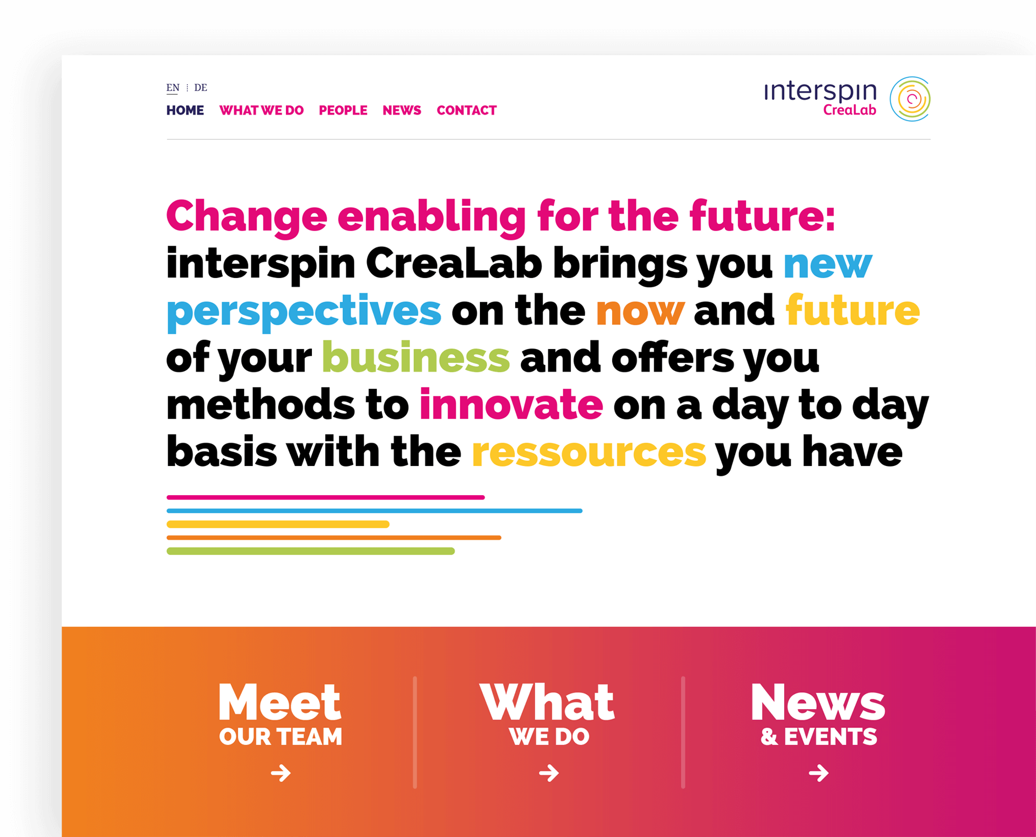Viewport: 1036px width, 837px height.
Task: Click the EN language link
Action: coord(172,88)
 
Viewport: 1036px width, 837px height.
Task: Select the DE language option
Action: coord(201,88)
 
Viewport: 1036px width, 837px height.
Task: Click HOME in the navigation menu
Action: coord(185,110)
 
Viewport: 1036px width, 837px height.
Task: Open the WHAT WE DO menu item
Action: coord(261,110)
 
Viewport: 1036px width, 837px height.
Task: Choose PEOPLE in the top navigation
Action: coord(343,110)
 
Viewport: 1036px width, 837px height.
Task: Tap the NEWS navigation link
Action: coord(402,110)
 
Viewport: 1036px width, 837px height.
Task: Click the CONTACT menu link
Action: coord(467,110)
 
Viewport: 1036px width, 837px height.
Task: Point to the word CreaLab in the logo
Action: coord(849,110)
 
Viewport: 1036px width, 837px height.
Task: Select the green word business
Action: coord(416,357)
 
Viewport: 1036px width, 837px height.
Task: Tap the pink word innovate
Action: coord(511,404)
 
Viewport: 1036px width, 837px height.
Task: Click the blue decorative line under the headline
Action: coord(374,511)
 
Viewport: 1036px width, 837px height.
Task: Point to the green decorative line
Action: coord(310,551)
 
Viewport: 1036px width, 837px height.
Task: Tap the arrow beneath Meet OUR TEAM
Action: coord(280,773)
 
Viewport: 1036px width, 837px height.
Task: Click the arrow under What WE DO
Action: coord(549,773)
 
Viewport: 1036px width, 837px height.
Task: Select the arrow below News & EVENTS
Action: coord(818,773)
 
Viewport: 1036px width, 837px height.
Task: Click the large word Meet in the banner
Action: coord(280,702)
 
